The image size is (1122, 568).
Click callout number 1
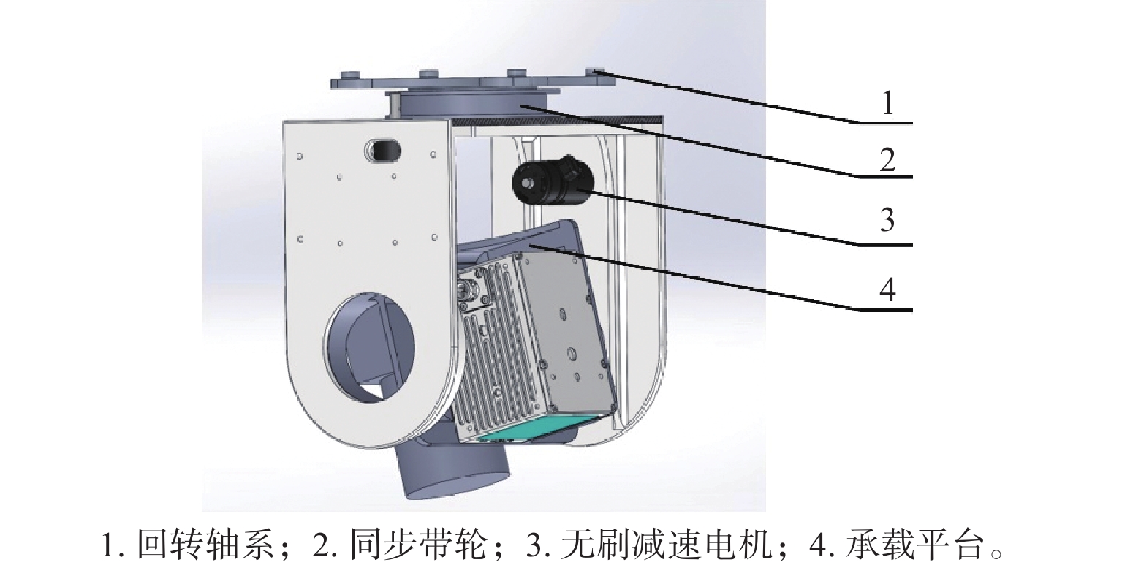[x=887, y=105]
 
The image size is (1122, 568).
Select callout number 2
[x=887, y=160]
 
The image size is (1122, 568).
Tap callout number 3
[x=887, y=219]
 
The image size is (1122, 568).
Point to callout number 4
[x=887, y=291]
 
